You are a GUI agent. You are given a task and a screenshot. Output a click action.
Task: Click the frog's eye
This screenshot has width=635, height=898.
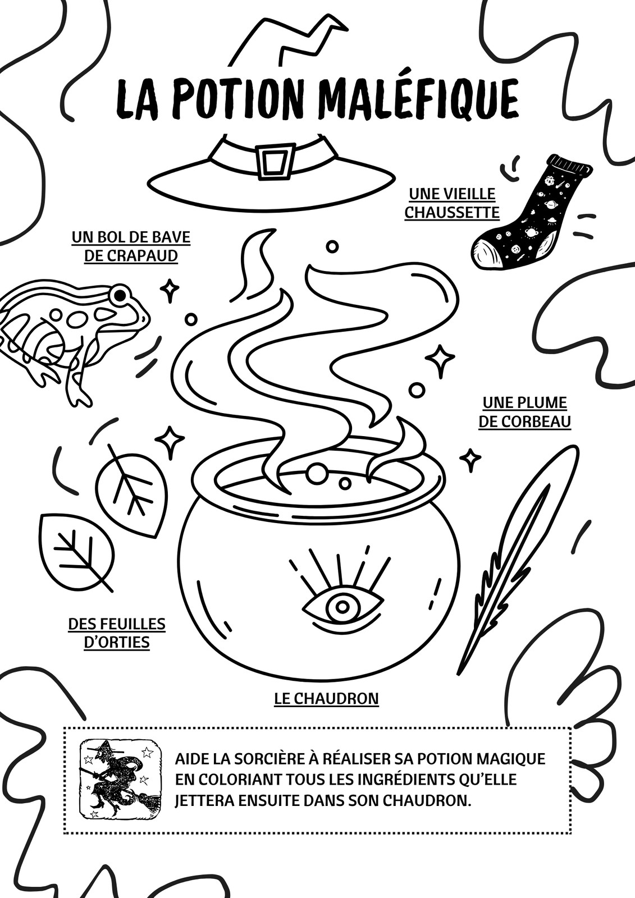pos(119,295)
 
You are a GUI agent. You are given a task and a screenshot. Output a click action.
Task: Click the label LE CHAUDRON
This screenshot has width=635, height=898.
pos(327,698)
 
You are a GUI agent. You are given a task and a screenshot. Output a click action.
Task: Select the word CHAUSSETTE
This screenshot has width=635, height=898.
pos(452,212)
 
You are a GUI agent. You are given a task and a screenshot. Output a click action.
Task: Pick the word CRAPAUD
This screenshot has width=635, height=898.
pos(131,255)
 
